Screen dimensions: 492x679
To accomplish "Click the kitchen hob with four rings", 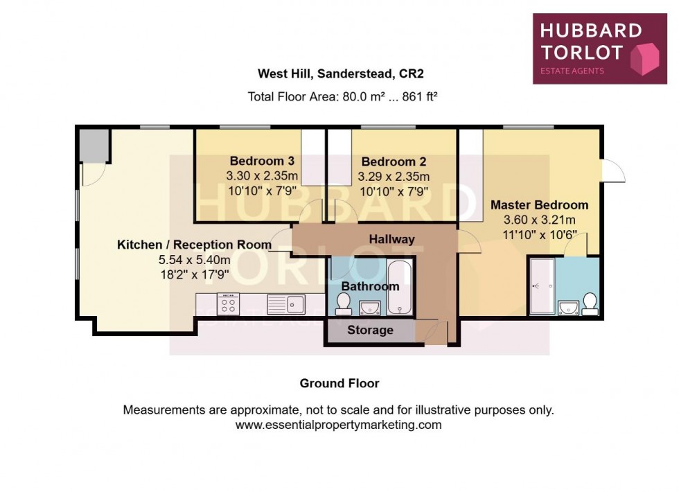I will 229,304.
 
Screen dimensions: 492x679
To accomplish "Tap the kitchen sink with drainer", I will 285,304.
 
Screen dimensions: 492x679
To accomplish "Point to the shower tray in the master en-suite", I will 541,285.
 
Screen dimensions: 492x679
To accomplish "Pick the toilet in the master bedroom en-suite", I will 590,304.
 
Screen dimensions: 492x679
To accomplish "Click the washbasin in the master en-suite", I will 569,306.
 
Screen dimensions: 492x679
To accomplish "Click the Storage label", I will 370,331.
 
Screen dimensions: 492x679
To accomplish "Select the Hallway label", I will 391,239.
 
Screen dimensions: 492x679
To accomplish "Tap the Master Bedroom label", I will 539,205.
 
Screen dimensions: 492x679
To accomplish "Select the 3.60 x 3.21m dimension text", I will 539,220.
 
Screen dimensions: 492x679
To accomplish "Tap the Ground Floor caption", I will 339,383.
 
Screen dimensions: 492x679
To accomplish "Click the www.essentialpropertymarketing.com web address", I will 338,425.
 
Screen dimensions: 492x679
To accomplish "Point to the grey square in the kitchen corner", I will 93,145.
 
